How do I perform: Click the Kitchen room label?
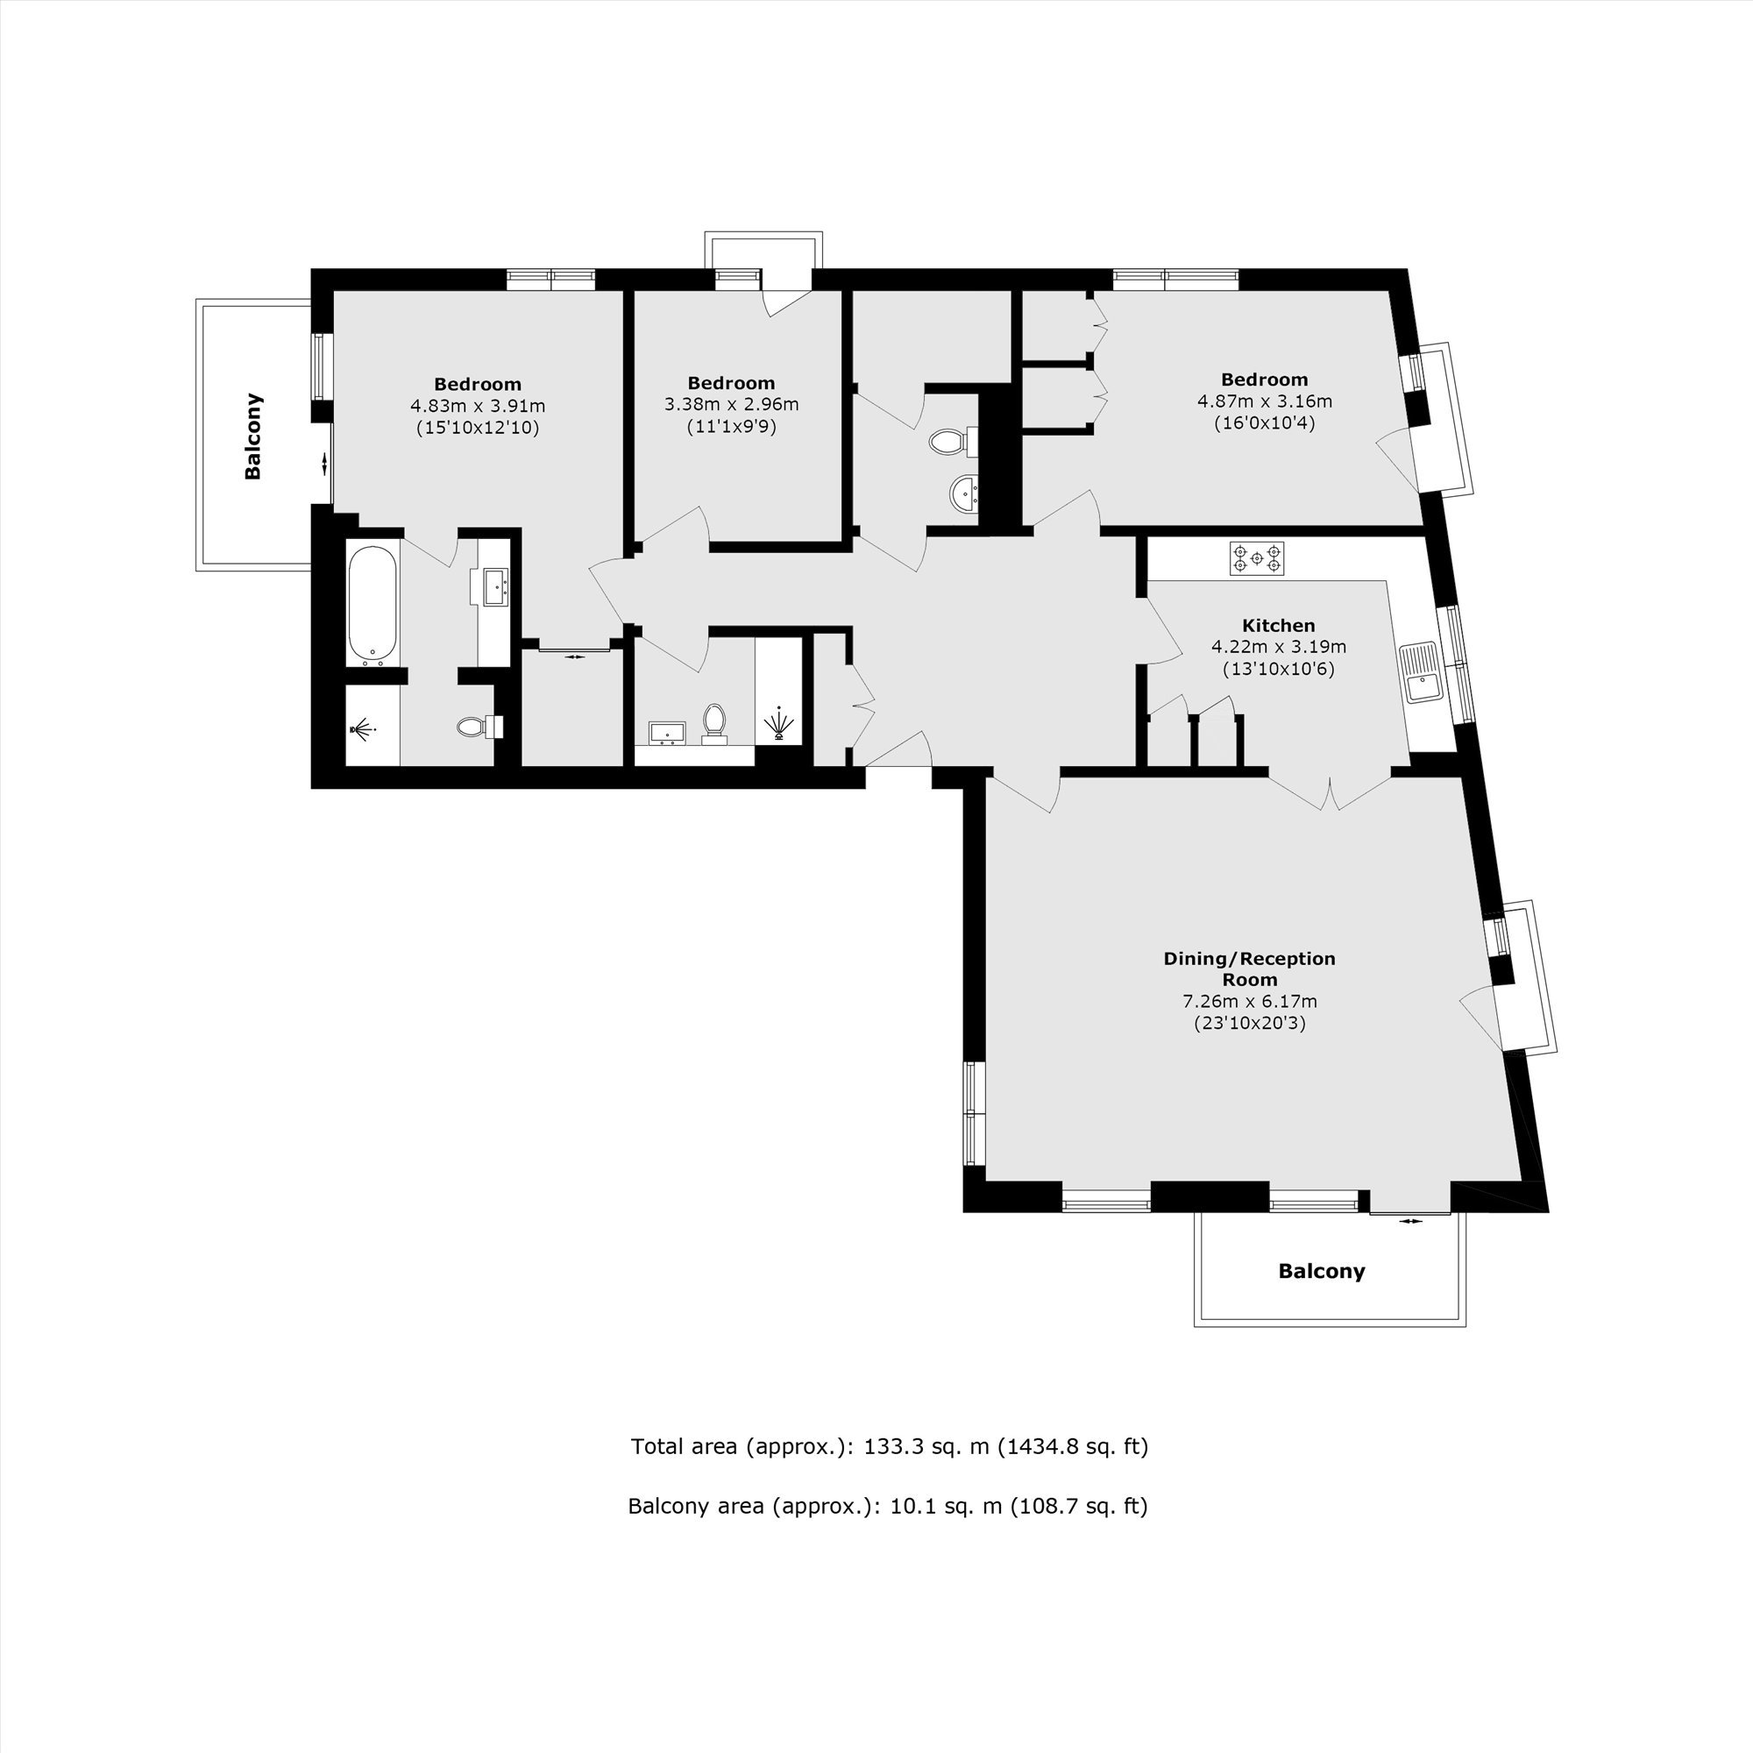pos(1278,625)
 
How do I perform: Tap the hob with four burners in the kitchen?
pos(1257,558)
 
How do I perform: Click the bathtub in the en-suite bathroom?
pos(373,601)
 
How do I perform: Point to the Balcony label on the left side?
pos(253,436)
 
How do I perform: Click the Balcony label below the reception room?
pos(1321,1271)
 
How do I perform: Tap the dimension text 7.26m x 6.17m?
pos(1248,1002)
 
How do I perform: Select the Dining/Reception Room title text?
pos(1249,969)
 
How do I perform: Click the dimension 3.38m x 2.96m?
pos(731,405)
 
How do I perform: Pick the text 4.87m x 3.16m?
pos(1265,401)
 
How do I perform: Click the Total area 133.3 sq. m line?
pos(889,1446)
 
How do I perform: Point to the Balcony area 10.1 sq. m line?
pos(887,1506)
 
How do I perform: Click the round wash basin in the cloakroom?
pos(963,494)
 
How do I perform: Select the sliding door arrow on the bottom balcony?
pos(1411,1221)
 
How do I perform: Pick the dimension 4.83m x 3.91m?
pos(478,406)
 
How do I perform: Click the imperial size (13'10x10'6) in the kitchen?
pos(1279,670)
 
